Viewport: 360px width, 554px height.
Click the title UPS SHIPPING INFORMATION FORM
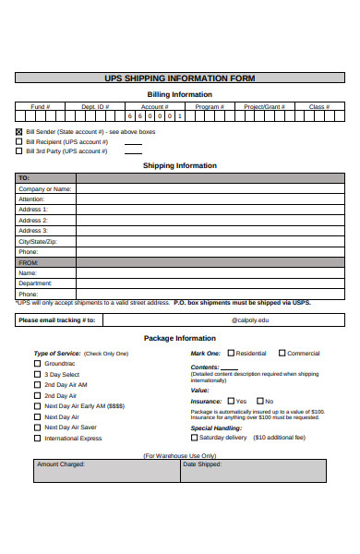180,78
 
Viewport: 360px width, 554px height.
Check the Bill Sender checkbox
18,132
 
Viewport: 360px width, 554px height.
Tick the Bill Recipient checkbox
18,141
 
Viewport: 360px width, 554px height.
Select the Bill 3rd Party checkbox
18,151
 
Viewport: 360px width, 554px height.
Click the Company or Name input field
210,188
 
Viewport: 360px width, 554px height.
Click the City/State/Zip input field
210,241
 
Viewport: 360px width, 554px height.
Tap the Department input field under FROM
210,283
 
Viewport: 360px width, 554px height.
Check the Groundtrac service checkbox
38,364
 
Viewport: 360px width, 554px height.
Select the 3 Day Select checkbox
38,374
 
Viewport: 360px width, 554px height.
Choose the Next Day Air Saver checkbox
38,428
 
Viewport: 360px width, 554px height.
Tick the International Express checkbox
38,438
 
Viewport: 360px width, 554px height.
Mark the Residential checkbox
231,354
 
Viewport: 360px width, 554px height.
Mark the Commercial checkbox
282,354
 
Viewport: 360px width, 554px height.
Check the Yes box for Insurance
231,401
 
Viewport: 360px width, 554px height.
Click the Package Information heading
180,338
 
